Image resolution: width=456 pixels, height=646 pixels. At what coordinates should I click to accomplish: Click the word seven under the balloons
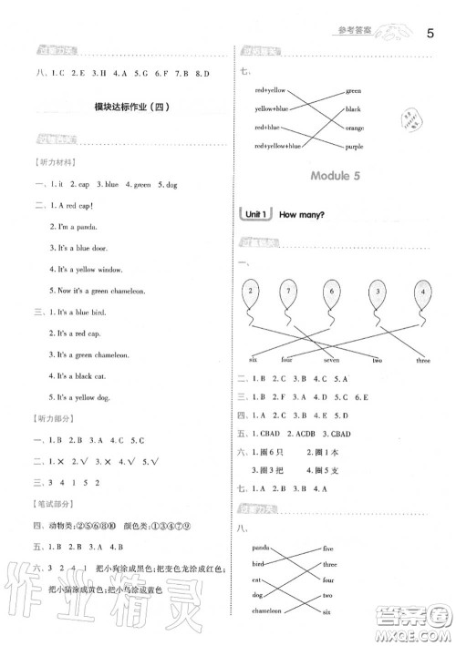pos(332,360)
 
